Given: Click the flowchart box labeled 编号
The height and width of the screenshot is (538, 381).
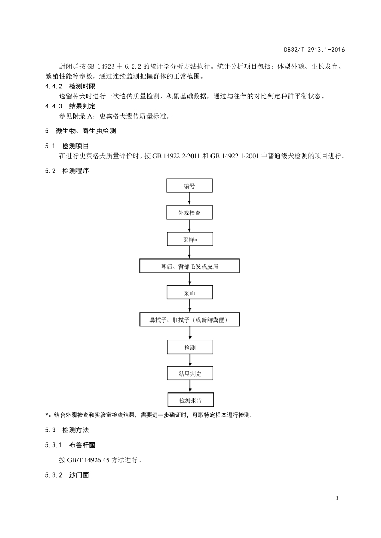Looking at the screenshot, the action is tap(189, 185).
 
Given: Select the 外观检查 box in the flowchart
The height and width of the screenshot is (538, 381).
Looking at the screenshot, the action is tap(189, 212).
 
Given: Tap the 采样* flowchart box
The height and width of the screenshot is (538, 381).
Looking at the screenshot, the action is tap(190, 239).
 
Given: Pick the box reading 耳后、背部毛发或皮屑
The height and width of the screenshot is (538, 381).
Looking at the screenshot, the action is tap(189, 266).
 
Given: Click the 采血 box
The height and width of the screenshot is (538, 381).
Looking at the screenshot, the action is tap(189, 293).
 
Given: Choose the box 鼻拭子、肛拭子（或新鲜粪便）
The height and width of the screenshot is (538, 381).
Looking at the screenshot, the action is tap(189, 319).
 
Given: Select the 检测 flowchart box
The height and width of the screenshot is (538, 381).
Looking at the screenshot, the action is tap(190, 347).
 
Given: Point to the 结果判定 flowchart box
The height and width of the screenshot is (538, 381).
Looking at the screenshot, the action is tap(190, 374).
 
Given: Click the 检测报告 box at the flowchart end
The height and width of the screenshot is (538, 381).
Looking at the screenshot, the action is tap(190, 400).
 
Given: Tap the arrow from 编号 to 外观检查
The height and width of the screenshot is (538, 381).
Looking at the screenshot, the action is tap(189, 199).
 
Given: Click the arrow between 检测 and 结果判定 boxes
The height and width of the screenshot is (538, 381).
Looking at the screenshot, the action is tap(190, 360).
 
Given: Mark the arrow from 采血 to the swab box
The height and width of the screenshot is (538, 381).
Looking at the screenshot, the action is tap(189, 306).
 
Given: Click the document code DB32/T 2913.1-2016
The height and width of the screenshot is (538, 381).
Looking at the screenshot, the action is tap(314, 50).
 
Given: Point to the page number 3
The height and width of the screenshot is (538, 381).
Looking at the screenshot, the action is tap(337, 498).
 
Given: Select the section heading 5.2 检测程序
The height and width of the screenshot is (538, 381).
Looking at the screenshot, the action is tap(67, 171).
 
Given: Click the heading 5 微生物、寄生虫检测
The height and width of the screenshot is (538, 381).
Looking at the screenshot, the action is tap(81, 131).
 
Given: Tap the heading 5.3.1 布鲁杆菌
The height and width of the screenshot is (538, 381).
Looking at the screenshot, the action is tap(70, 445).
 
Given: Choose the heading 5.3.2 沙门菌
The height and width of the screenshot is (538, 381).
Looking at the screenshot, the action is tap(67, 475).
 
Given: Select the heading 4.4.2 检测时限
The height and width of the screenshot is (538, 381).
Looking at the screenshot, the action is tap(70, 86).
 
